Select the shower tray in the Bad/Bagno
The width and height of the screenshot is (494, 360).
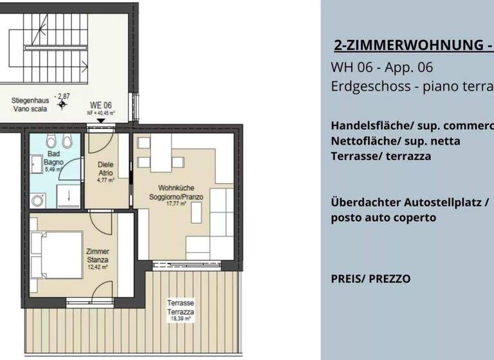[x=66, y=195]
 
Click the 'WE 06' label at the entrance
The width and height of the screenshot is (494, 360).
[x=100, y=105]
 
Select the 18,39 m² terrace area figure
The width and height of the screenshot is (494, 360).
[x=181, y=318]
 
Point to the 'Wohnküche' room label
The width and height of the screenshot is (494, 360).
[x=167, y=188]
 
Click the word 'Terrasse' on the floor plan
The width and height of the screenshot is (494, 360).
[x=181, y=302]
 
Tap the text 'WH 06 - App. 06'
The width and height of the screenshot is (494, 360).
[x=381, y=67]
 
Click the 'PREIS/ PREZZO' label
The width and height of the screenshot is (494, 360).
[x=370, y=279]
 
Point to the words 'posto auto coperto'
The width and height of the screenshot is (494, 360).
[x=383, y=217]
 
